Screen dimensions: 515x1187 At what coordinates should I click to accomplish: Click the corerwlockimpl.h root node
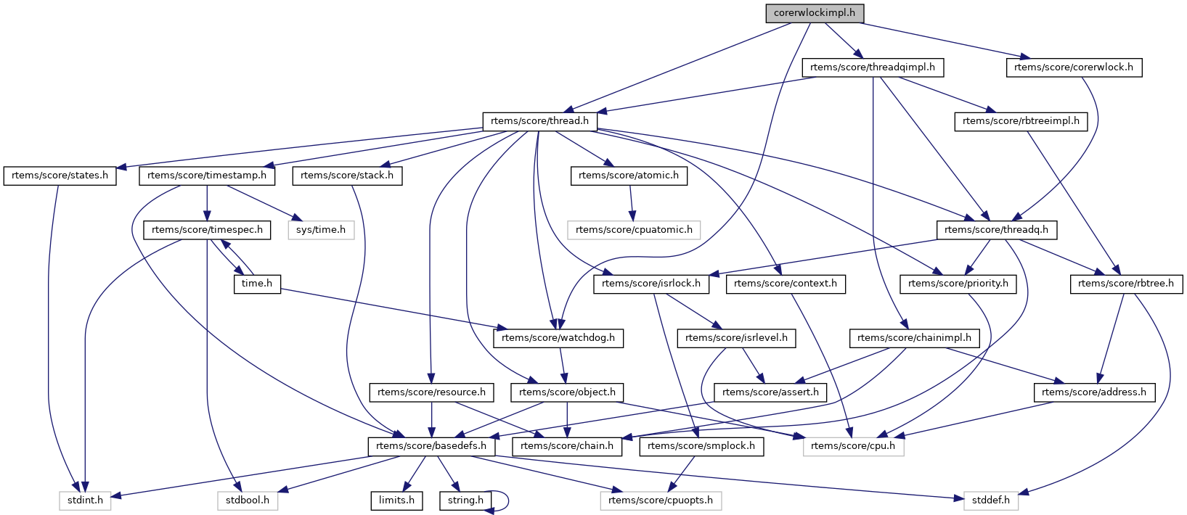click(x=815, y=13)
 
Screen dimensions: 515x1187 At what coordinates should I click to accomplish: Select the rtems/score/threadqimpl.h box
click(x=873, y=67)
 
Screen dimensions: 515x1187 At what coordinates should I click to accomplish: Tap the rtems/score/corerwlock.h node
click(x=1074, y=67)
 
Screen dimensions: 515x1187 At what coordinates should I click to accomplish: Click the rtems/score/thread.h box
click(x=539, y=121)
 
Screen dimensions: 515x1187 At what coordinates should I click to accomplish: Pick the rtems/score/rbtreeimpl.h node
click(x=1021, y=121)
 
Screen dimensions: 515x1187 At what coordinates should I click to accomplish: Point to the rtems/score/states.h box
click(x=60, y=176)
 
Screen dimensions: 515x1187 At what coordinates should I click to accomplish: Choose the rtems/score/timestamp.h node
click(x=207, y=176)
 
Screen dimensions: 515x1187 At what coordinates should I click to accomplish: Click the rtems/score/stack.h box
click(x=347, y=176)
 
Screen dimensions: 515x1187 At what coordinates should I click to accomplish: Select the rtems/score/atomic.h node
click(x=629, y=176)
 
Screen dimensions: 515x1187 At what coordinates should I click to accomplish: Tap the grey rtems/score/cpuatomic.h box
click(x=634, y=230)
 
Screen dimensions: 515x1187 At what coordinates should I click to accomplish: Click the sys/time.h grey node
click(x=321, y=230)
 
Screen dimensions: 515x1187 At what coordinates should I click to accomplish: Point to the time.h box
click(x=257, y=284)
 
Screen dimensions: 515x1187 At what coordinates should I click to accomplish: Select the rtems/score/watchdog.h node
click(x=558, y=338)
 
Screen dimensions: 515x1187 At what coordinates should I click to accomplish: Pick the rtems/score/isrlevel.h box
click(x=736, y=338)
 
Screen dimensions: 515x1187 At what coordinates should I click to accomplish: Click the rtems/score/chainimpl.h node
click(x=914, y=338)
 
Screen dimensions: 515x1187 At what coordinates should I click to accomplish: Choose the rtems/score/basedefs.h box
click(x=432, y=446)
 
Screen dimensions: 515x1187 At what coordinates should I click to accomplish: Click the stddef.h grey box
click(x=991, y=500)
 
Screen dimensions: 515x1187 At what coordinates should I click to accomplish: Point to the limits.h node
click(x=396, y=500)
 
